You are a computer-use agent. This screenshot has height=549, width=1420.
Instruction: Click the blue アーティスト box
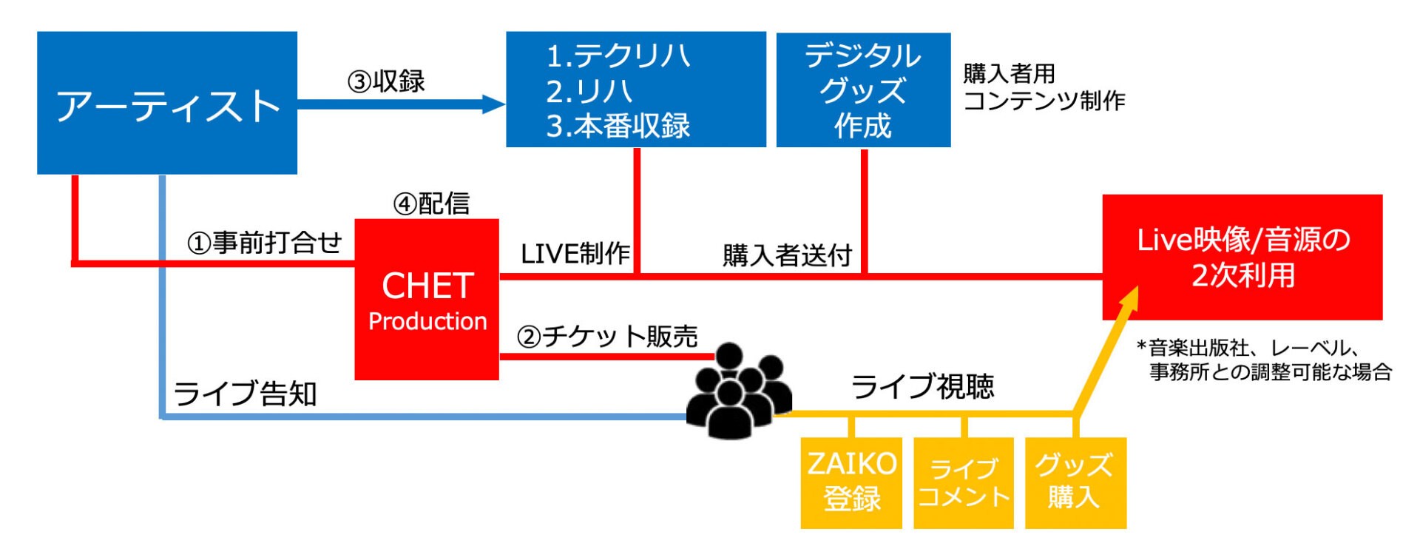click(167, 103)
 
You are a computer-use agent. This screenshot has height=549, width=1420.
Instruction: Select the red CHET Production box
click(427, 300)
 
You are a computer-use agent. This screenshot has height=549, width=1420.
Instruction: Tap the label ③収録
click(386, 81)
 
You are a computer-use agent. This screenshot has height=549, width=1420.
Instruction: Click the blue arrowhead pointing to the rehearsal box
click(493, 104)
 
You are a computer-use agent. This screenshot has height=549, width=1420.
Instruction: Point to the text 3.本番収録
click(618, 126)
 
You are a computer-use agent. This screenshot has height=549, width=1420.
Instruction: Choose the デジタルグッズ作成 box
click(863, 90)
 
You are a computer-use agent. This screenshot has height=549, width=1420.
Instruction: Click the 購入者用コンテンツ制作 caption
click(1044, 87)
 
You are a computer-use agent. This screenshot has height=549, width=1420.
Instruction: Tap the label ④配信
click(431, 203)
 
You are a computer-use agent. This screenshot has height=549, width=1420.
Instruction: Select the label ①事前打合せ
click(264, 242)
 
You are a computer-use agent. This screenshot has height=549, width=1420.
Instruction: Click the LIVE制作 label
click(575, 254)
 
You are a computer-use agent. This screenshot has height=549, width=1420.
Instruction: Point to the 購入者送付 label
click(787, 255)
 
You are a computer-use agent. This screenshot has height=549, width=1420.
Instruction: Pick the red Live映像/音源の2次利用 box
click(1242, 257)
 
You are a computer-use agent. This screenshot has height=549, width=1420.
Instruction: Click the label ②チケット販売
click(607, 337)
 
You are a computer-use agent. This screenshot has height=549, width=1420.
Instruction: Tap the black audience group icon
click(739, 391)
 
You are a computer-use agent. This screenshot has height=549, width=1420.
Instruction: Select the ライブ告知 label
click(245, 393)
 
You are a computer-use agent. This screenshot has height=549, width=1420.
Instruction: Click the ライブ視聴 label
click(922, 386)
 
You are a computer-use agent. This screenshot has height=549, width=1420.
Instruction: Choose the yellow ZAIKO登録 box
click(851, 482)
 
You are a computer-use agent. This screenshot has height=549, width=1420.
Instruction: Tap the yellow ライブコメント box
click(964, 482)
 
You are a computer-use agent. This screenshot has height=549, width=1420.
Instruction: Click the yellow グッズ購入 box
click(1075, 482)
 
